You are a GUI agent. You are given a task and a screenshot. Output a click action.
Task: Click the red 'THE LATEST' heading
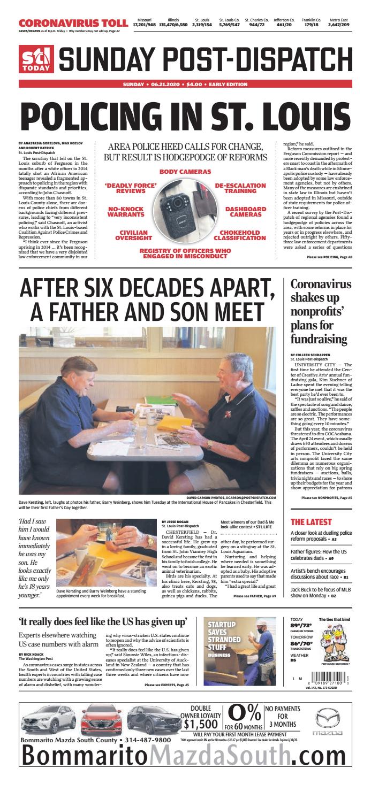point(311,521)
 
